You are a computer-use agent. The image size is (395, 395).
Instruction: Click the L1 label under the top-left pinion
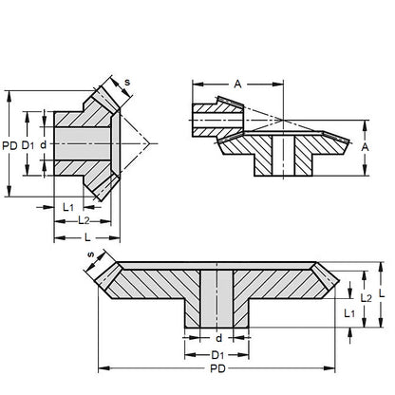pyautogui.click(x=67, y=205)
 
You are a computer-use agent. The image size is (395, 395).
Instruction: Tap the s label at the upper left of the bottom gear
pyautogui.click(x=91, y=255)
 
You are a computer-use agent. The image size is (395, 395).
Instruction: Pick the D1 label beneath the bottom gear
pyautogui.click(x=217, y=354)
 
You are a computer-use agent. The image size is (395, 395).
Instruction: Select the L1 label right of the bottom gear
pyautogui.click(x=348, y=311)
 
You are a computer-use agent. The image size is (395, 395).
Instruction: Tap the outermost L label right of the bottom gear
pyautogui.click(x=382, y=294)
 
